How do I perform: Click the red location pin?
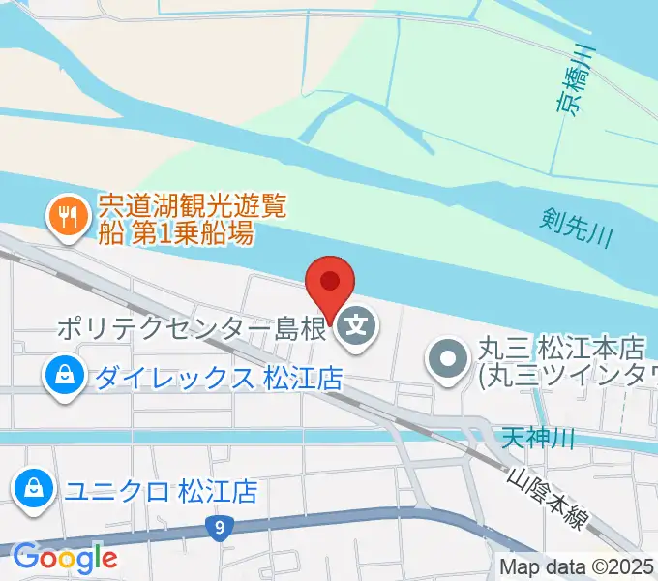coord(330,283)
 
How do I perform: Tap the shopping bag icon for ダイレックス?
coord(63,376)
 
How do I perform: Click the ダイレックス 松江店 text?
coord(218,377)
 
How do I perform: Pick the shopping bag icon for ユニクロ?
coord(34,489)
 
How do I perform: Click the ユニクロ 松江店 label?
coord(161,491)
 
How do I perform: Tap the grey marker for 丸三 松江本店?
coord(447,359)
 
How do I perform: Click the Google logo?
coord(64,557)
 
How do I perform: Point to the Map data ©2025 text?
coord(577,567)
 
